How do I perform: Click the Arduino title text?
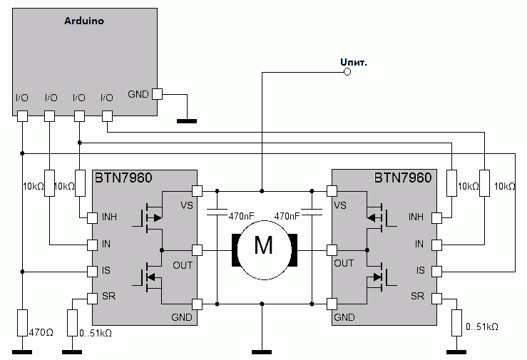point(84,21)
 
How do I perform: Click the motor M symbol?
point(264,245)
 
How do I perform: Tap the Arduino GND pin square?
point(158,93)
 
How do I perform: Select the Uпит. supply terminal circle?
point(348,72)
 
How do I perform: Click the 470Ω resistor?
point(22,323)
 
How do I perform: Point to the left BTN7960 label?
point(123,178)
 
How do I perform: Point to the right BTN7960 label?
point(403,178)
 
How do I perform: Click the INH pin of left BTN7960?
point(92,217)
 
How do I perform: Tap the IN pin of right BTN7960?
point(436,245)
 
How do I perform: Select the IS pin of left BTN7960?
point(92,271)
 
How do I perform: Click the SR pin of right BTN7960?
point(436,297)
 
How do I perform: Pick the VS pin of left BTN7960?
point(197,190)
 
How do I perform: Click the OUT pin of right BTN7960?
point(331,250)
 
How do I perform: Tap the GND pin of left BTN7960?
point(197,304)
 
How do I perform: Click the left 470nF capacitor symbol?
point(217,212)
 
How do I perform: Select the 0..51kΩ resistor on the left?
point(71,322)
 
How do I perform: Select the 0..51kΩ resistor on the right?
point(457,324)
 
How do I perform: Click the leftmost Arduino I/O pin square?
point(22,115)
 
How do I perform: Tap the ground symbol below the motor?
point(262,351)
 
